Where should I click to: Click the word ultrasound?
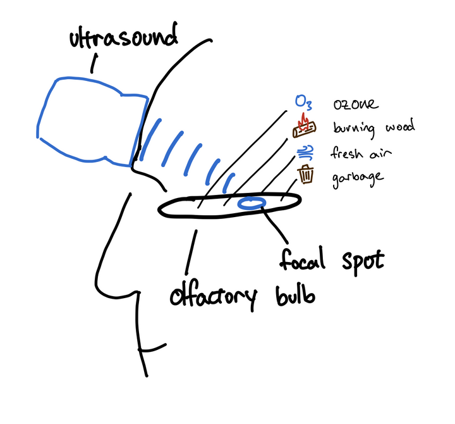click(123, 39)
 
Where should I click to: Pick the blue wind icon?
click(306, 152)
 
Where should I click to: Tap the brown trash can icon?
click(306, 174)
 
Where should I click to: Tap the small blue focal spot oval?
click(252, 203)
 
